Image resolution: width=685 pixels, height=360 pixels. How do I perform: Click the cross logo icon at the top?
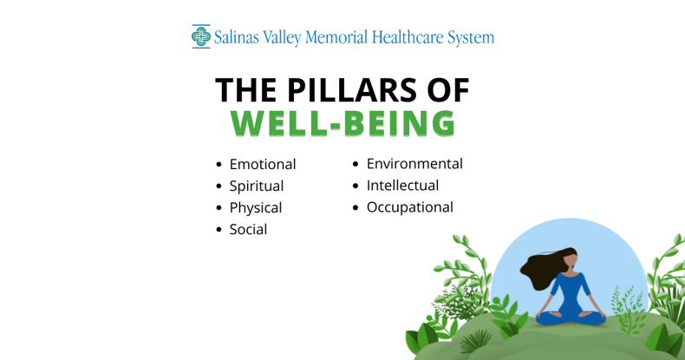201,36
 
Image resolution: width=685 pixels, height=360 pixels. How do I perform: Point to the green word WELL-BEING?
342,123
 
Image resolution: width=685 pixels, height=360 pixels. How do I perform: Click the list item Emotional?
262,164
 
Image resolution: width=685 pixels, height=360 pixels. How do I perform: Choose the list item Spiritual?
256,186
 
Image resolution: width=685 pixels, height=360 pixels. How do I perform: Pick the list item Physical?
255,207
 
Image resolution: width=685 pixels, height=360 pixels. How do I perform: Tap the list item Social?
248,229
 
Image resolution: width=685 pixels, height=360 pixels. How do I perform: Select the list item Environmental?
414,163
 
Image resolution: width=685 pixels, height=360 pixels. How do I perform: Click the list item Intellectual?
402,185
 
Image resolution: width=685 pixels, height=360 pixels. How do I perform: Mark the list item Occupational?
409,206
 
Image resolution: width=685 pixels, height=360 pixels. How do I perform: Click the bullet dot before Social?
219,230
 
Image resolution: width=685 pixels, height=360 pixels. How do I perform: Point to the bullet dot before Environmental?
356,164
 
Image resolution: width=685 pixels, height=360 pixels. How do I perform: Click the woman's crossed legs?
570,317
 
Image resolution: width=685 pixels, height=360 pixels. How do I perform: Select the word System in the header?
471,37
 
